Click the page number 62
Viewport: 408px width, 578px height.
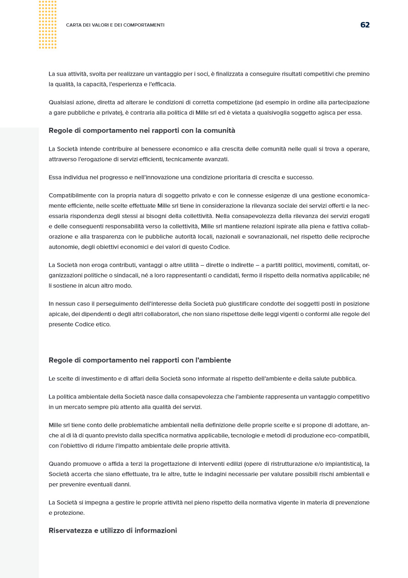click(365, 25)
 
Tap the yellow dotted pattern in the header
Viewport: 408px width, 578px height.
click(48, 25)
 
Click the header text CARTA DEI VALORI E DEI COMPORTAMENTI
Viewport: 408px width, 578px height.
click(115, 25)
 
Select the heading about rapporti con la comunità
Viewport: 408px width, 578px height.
click(142, 131)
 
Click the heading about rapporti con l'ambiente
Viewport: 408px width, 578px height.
click(140, 360)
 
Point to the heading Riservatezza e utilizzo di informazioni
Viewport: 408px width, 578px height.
click(113, 531)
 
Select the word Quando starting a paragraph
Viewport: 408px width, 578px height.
click(60, 464)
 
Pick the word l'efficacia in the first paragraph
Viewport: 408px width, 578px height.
click(161, 84)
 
